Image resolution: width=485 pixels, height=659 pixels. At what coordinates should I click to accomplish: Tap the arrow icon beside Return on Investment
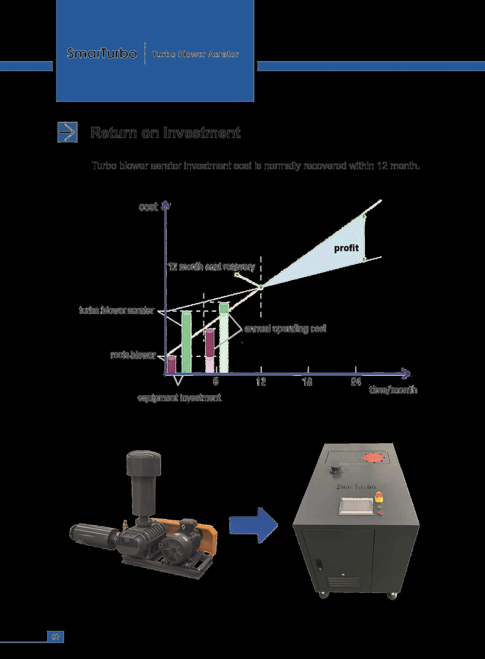click(x=67, y=132)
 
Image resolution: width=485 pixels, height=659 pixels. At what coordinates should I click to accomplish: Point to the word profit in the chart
click(x=346, y=248)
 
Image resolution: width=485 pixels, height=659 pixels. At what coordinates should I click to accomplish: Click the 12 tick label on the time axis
click(x=261, y=382)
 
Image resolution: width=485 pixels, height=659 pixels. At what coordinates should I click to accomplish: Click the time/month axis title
click(x=393, y=390)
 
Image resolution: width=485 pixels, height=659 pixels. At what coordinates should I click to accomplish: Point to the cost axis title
click(x=149, y=207)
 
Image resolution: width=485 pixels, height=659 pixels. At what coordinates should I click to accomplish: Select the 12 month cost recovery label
click(x=212, y=267)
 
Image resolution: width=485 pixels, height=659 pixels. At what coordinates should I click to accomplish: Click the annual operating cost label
click(x=285, y=329)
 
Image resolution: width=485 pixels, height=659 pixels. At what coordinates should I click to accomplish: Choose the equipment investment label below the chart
click(x=180, y=398)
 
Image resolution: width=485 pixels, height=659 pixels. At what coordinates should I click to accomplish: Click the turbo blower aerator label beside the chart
click(x=117, y=311)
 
